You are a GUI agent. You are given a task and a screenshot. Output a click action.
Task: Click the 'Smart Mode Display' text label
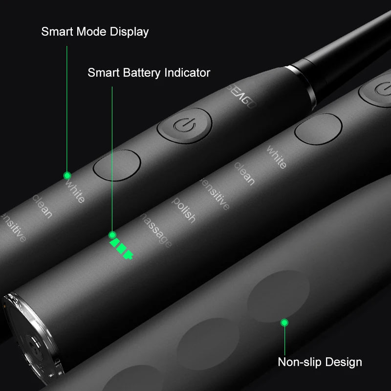click(95, 32)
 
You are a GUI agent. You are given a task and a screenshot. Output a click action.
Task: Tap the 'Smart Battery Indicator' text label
click(149, 73)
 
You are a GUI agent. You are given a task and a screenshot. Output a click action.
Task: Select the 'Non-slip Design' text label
click(320, 362)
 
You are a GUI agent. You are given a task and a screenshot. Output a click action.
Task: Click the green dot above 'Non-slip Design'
click(284, 322)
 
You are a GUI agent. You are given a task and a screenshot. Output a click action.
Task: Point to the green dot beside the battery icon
click(112, 235)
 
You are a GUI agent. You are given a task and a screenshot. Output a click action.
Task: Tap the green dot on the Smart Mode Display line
click(67, 175)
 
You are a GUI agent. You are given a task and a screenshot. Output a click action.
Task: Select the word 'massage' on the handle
click(156, 230)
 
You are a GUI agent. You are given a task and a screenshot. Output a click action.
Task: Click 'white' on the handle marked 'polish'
click(276, 157)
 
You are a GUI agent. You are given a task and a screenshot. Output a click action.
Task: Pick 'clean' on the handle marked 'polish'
click(244, 174)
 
